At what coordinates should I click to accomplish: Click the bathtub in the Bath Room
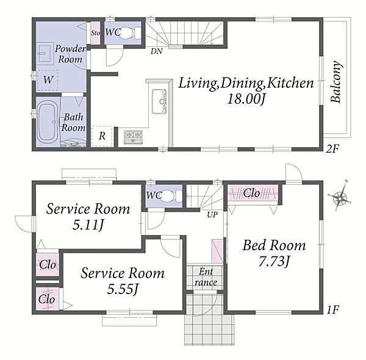pyautogui.click(x=48, y=121)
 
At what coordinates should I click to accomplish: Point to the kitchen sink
pyautogui.click(x=159, y=101)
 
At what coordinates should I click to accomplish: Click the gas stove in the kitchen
pyautogui.click(x=133, y=137)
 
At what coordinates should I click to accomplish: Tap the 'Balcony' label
pyautogui.click(x=336, y=82)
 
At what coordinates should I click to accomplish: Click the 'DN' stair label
pyautogui.click(x=156, y=51)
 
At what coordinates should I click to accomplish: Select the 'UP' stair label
pyautogui.click(x=212, y=214)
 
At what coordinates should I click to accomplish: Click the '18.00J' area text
pyautogui.click(x=246, y=99)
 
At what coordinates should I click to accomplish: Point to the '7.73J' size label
pyautogui.click(x=274, y=261)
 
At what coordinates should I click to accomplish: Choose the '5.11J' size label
pyautogui.click(x=88, y=225)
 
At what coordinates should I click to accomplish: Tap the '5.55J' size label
pyautogui.click(x=123, y=289)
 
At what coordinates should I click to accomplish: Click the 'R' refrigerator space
pyautogui.click(x=102, y=136)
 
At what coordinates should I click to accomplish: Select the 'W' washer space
pyautogui.click(x=48, y=80)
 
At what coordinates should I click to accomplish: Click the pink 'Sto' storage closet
pyautogui.click(x=95, y=33)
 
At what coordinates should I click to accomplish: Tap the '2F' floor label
pyautogui.click(x=332, y=148)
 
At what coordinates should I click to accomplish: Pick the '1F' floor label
pyautogui.click(x=332, y=309)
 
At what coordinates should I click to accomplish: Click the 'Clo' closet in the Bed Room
pyautogui.click(x=253, y=193)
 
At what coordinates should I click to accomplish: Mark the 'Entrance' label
pyautogui.click(x=206, y=277)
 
